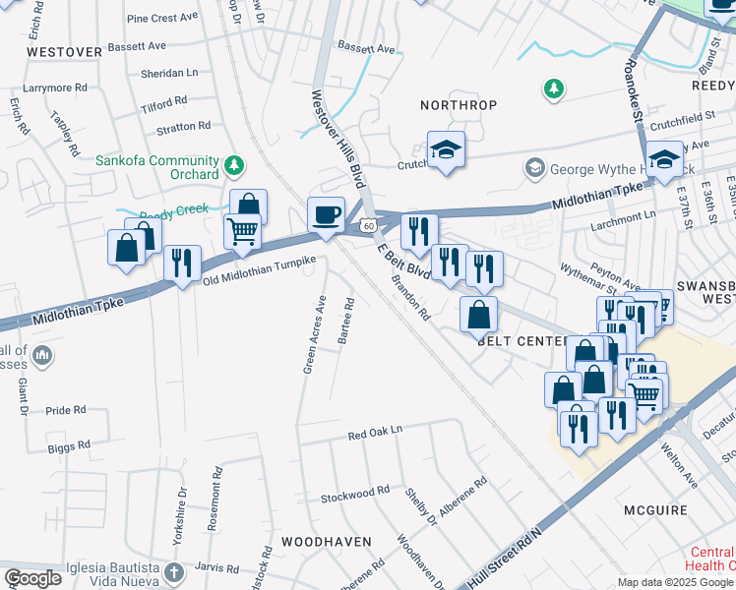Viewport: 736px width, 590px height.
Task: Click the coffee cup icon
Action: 326,213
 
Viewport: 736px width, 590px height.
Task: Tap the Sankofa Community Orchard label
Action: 157,167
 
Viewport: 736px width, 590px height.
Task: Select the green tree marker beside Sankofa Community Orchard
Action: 234,163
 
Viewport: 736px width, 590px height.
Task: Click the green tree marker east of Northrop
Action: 554,90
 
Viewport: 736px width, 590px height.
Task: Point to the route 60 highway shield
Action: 366,225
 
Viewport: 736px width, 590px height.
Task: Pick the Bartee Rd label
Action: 345,321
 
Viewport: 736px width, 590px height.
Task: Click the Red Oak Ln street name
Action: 376,434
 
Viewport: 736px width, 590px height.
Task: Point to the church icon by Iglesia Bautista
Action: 173,572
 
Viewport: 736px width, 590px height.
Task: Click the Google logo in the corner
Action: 32,578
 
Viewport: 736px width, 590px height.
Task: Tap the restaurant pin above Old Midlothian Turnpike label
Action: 182,263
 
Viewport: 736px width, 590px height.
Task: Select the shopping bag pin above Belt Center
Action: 478,315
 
